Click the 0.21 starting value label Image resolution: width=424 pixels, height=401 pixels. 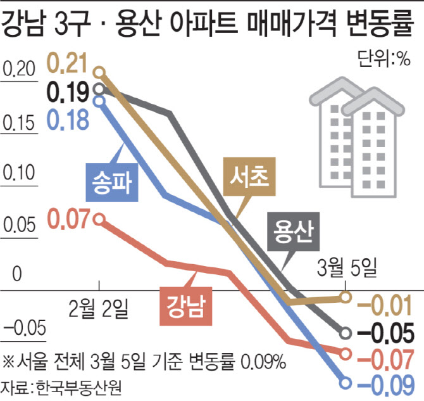(x=69, y=64)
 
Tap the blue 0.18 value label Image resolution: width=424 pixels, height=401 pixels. (x=69, y=120)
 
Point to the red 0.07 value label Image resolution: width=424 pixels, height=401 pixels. (x=69, y=220)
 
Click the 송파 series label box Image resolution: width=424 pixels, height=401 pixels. (x=111, y=182)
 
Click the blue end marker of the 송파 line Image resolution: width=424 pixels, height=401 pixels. (x=346, y=383)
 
